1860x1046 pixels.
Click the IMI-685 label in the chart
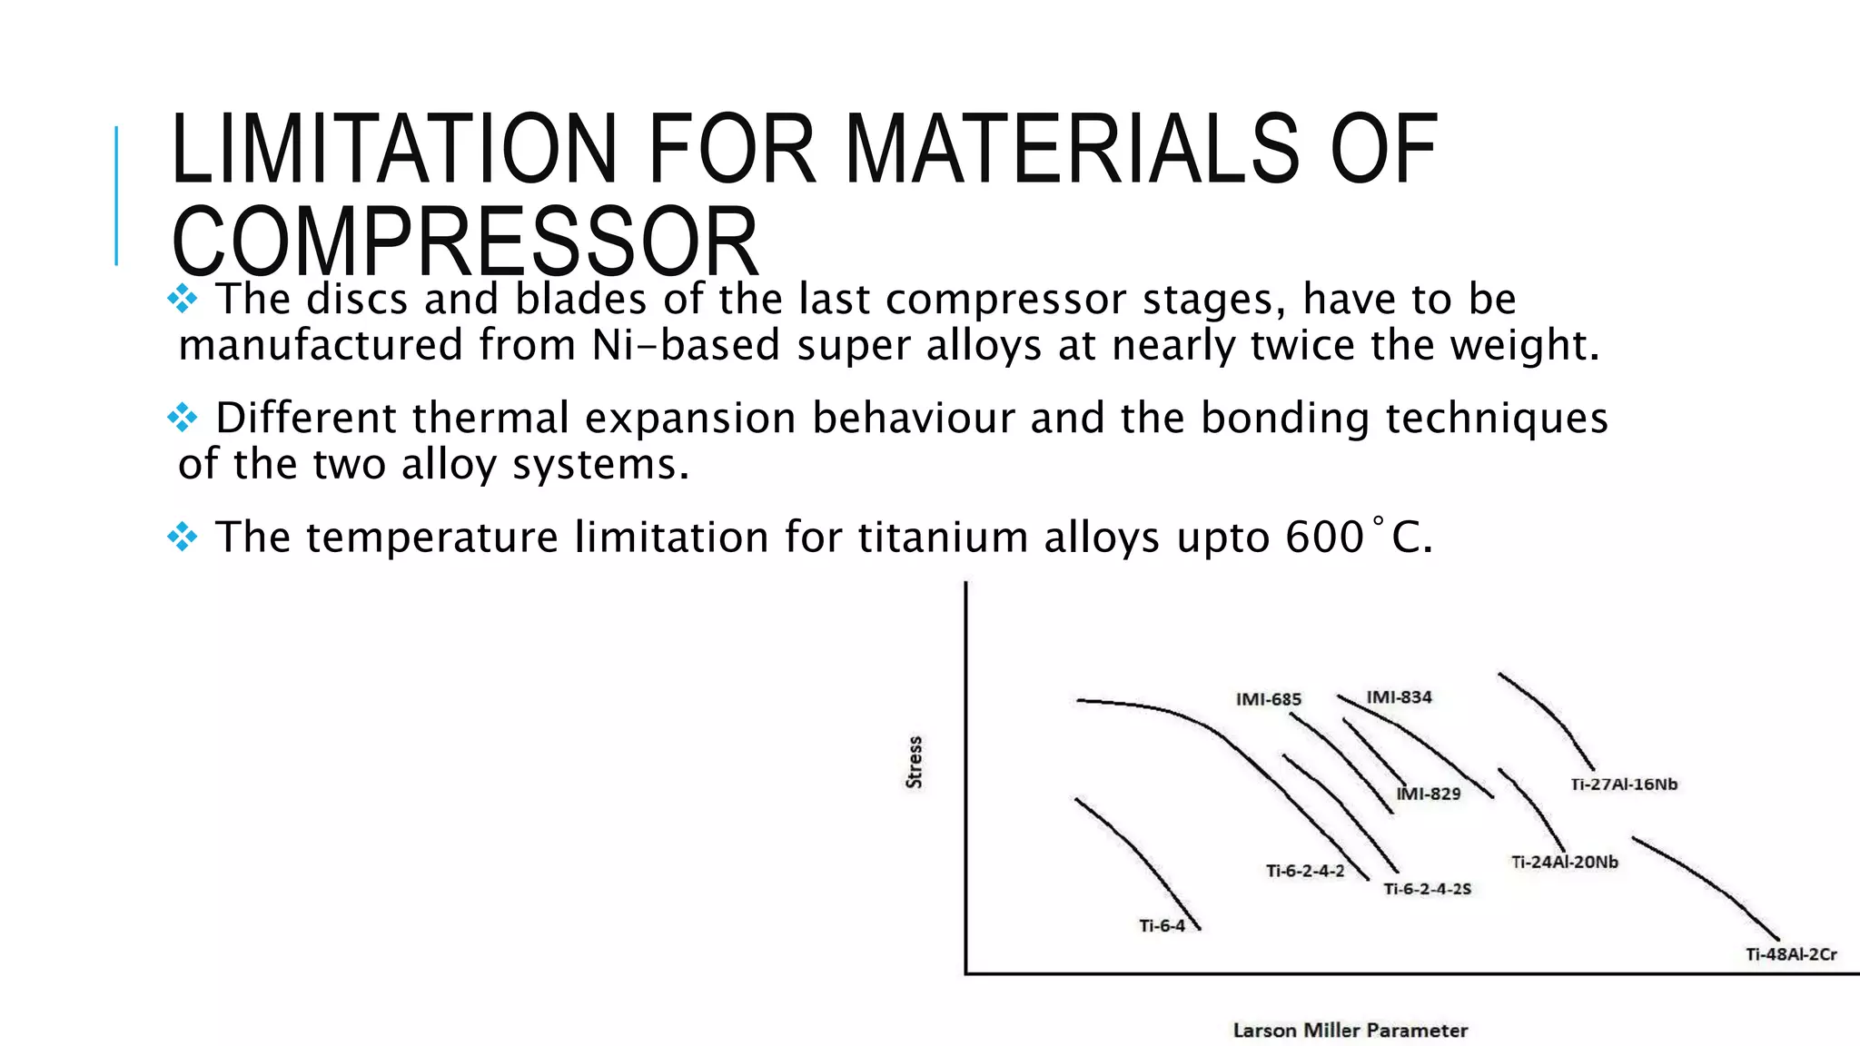[x=1268, y=699]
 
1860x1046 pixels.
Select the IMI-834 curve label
[x=1399, y=697]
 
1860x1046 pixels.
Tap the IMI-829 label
[x=1428, y=794]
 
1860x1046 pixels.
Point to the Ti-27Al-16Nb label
[x=1624, y=784]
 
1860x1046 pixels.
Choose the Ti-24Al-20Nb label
[x=1564, y=862]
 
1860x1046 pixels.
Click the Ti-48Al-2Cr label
[x=1790, y=954]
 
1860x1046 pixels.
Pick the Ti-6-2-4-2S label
[x=1427, y=889]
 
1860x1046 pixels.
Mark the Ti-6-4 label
[x=1162, y=926]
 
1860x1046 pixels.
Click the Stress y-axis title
[x=915, y=762]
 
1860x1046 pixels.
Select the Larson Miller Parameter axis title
[x=1350, y=1031]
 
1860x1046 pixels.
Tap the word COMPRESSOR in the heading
[x=464, y=242]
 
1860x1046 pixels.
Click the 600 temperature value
[x=1324, y=537]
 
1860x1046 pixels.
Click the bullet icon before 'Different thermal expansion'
[x=183, y=418]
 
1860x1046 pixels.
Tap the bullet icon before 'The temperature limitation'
[x=183, y=537]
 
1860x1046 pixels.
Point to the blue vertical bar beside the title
[x=116, y=195]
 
